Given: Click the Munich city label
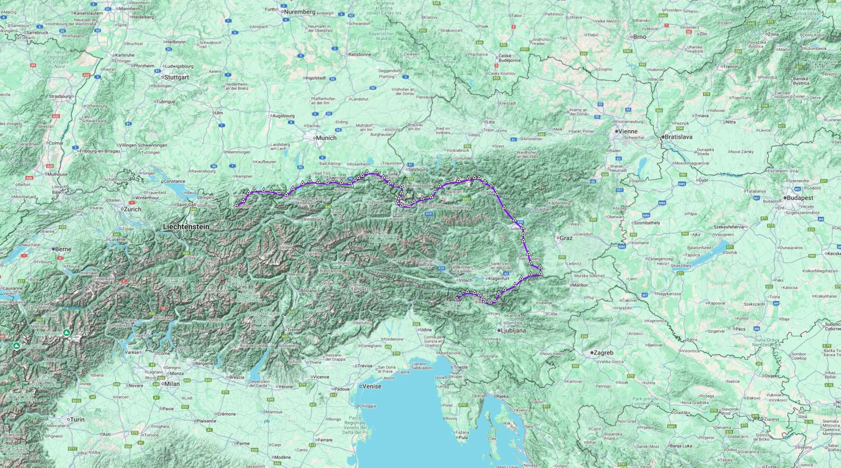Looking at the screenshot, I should coord(326,138).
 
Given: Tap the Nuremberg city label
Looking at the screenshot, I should coord(299,12).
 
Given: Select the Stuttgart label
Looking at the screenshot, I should coord(177,77).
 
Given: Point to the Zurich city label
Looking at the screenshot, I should coord(132,210).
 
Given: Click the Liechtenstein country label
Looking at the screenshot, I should coord(186,227).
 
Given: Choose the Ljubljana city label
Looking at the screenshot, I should coord(513,330).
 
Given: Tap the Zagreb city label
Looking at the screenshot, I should coord(603,353).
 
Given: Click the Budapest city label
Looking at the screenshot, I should coord(800,198).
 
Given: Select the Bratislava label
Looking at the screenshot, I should coord(678,137).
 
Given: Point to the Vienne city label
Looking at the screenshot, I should coord(628,132).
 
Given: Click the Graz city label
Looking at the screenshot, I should coord(566,238).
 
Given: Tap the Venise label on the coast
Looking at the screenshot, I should coord(372,386).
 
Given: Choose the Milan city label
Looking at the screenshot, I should coord(171,384).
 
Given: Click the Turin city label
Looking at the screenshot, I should coord(77,419).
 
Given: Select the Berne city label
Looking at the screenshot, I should coord(63,249).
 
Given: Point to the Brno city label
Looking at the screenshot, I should coord(640,37).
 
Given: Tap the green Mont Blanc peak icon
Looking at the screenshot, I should coord(17,346).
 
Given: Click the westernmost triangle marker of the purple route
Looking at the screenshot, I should coord(236,204).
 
